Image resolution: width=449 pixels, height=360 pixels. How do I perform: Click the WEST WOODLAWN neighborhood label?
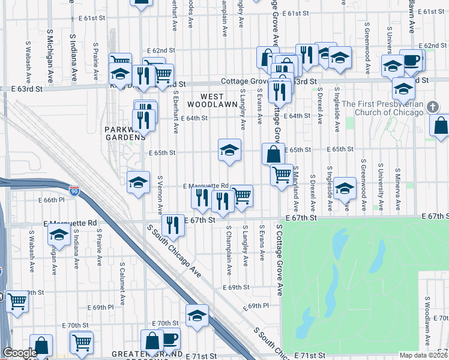[x=204, y=100]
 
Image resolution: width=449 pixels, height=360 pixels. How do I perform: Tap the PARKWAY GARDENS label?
[x=125, y=133]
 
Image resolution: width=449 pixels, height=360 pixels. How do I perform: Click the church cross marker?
[x=435, y=107]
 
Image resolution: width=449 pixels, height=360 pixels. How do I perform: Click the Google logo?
[x=20, y=353]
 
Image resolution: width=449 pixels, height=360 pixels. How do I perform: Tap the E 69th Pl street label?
[x=256, y=306]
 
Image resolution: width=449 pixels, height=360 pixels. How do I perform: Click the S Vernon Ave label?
[x=160, y=196]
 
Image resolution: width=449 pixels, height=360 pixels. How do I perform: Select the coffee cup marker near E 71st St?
[x=169, y=338]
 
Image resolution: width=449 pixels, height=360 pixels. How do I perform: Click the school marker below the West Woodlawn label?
[x=229, y=151]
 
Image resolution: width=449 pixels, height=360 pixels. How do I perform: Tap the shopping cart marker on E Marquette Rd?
[x=241, y=195]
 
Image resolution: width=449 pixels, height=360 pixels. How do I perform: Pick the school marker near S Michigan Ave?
[x=59, y=234]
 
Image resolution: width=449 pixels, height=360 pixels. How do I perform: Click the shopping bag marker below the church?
[x=441, y=126]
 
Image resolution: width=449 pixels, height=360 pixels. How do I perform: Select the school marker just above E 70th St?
[x=197, y=315]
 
